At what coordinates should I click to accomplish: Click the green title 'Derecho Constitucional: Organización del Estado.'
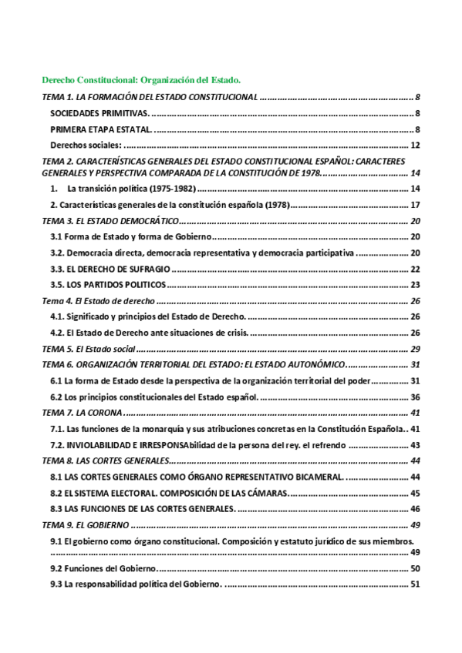tap(141, 79)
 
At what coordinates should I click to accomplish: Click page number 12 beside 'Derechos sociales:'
tap(414, 145)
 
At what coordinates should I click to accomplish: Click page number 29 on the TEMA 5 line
tap(414, 349)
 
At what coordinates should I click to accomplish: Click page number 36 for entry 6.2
tap(414, 397)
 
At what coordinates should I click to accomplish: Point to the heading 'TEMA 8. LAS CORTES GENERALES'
tap(105, 460)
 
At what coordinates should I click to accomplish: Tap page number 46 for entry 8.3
tap(414, 509)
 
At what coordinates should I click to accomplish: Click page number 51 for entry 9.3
tap(414, 584)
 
